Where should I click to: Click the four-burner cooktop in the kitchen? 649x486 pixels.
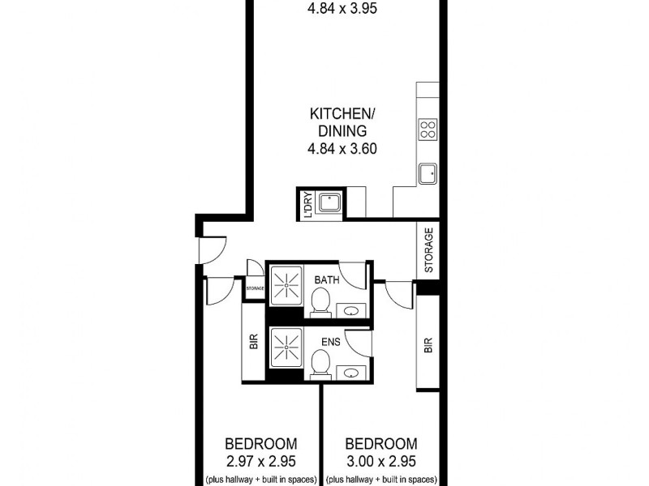pyautogui.click(x=428, y=129)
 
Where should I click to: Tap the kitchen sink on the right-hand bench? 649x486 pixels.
pyautogui.click(x=428, y=173)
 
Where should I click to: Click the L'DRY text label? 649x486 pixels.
pyautogui.click(x=307, y=203)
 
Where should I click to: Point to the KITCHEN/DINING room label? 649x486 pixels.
pyautogui.click(x=338, y=121)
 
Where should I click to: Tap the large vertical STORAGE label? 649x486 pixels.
pyautogui.click(x=429, y=249)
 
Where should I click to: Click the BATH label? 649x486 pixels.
pyautogui.click(x=327, y=280)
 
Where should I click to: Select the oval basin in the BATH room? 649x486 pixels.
pyautogui.click(x=350, y=309)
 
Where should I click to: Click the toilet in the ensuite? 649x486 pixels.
pyautogui.click(x=320, y=369)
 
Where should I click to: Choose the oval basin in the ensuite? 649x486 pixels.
pyautogui.click(x=350, y=373)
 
